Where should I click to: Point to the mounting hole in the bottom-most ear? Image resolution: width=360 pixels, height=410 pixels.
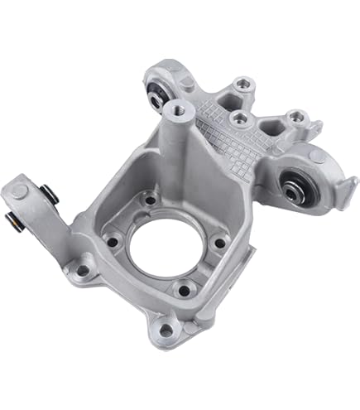click(168, 330)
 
